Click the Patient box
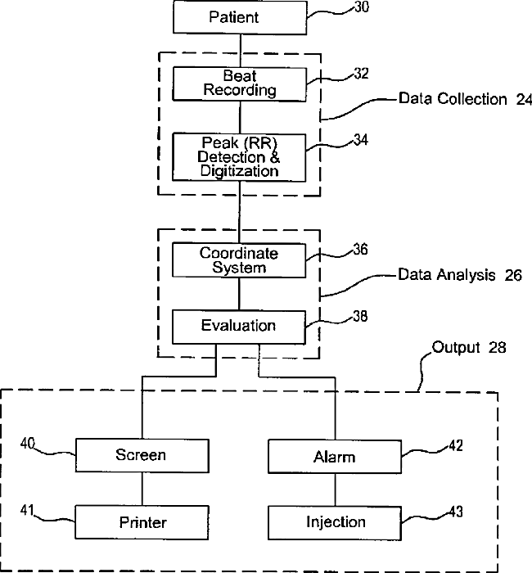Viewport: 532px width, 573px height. coord(240,17)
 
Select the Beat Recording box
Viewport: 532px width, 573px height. coord(239,84)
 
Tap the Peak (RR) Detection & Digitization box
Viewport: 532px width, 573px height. coord(239,157)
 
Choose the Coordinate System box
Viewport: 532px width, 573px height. coord(239,260)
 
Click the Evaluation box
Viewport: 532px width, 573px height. coord(239,327)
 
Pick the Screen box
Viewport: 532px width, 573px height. coord(142,456)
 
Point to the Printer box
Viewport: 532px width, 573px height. coord(142,522)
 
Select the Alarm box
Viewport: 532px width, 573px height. coord(335,457)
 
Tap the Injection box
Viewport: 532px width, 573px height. coord(335,523)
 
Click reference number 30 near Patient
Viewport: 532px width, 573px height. coord(362,7)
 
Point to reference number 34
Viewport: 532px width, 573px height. coord(361,140)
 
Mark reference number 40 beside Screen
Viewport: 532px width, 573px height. coord(28,444)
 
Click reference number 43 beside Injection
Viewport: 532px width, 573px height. coord(456,512)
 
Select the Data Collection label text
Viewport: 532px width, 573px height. coord(453,99)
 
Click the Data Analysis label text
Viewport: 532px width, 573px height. coord(447,275)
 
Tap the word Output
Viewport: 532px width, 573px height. coord(456,348)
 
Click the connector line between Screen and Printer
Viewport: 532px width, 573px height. coord(142,489)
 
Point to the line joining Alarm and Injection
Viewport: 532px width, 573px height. coord(335,490)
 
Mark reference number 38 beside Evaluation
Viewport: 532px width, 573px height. coord(360,317)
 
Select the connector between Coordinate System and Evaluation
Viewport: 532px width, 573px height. coord(239,294)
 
